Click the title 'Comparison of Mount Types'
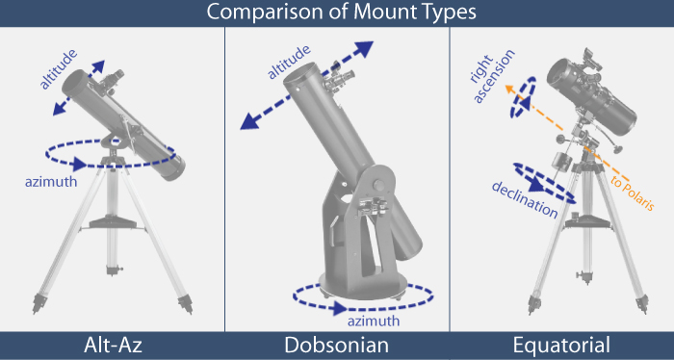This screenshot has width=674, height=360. coord(336,13)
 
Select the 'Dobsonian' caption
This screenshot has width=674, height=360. coord(337,346)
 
